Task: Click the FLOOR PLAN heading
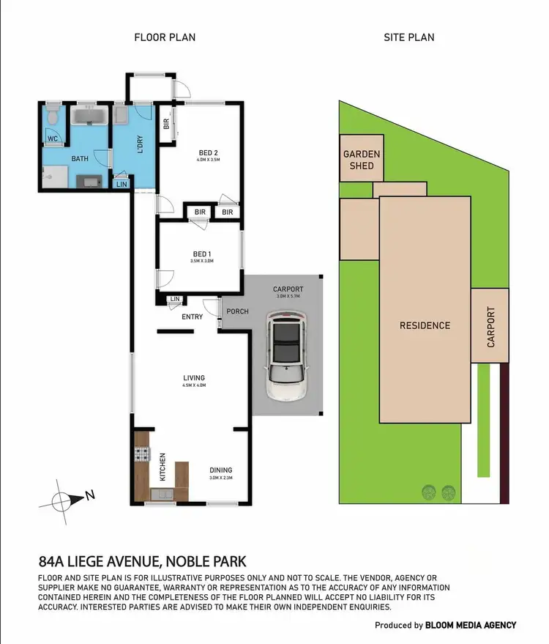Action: [x=164, y=37]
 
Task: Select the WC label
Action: [x=53, y=138]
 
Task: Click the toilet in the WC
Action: [x=53, y=118]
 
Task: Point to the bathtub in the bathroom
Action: [x=89, y=117]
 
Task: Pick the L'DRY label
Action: [x=140, y=144]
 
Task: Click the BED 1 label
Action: [x=200, y=253]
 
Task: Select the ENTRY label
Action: [x=193, y=317]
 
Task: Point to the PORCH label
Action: [x=237, y=311]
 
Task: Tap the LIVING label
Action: [x=194, y=378]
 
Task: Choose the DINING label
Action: [x=220, y=470]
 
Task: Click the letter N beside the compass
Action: [x=89, y=495]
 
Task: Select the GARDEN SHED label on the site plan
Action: [x=362, y=160]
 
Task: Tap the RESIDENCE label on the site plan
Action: [x=425, y=325]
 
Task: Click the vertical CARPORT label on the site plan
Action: [x=491, y=327]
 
